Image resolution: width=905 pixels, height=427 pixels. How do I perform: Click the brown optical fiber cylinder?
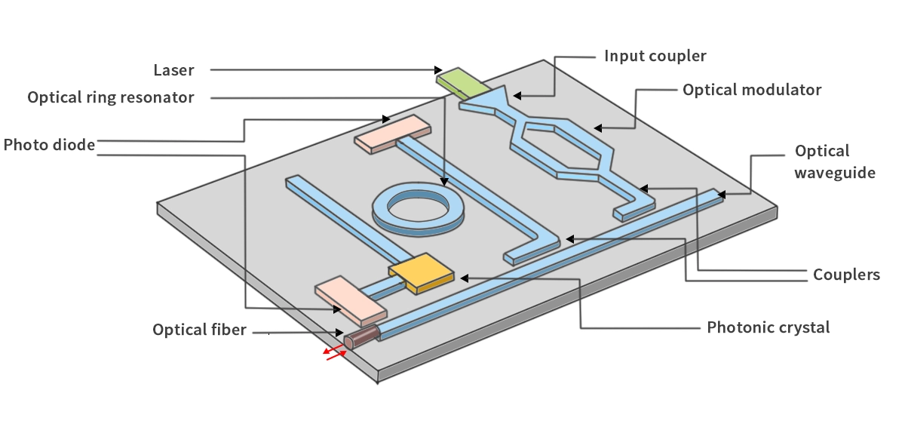[361, 336]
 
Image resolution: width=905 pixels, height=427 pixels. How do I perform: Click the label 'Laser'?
[173, 70]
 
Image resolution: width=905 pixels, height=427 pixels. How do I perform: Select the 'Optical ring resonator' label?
[111, 97]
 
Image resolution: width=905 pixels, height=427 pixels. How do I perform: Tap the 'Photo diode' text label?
[49, 145]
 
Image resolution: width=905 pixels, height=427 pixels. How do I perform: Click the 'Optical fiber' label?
[199, 330]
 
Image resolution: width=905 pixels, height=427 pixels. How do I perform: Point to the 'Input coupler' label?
[655, 56]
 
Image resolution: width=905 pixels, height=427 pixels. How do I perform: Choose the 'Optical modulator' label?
[752, 90]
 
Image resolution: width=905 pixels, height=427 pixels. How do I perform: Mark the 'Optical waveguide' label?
[834, 161]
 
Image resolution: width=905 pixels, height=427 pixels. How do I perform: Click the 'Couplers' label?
[846, 275]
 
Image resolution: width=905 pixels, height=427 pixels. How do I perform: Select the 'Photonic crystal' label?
[768, 327]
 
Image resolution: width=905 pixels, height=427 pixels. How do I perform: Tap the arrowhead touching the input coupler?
[517, 95]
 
